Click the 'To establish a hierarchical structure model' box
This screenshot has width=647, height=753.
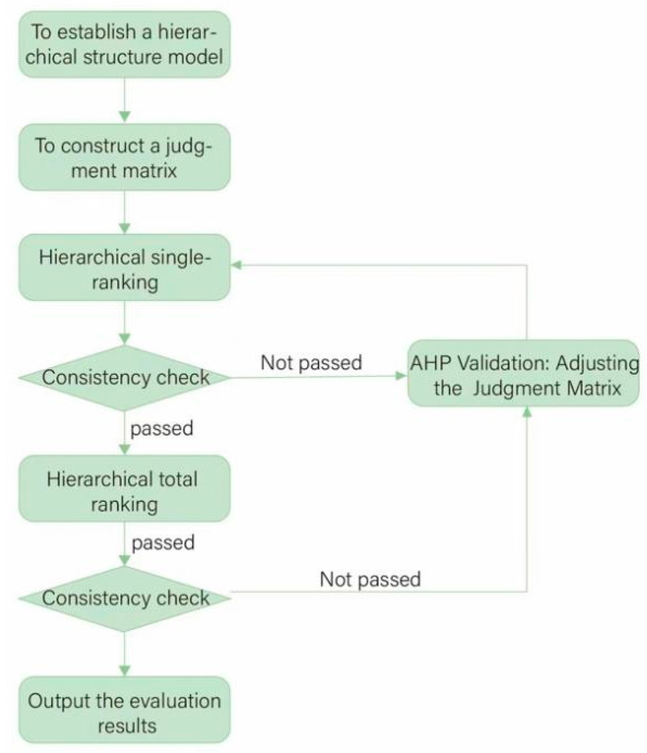pos(124,44)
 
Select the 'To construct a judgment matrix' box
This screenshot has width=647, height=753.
pos(124,157)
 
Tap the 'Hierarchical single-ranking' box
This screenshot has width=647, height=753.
pos(124,267)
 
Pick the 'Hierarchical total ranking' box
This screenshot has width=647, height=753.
pos(124,489)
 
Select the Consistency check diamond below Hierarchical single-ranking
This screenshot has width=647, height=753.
pos(124,377)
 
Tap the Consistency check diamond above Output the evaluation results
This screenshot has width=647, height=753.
pos(124,598)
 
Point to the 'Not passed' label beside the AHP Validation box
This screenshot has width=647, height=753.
pos(311,363)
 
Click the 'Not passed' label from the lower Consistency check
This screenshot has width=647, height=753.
pos(370,579)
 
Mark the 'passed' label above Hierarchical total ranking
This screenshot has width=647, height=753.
pos(162,429)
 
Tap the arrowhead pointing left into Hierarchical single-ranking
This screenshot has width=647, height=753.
pos(236,265)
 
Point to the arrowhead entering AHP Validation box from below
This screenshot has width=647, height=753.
pos(527,412)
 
